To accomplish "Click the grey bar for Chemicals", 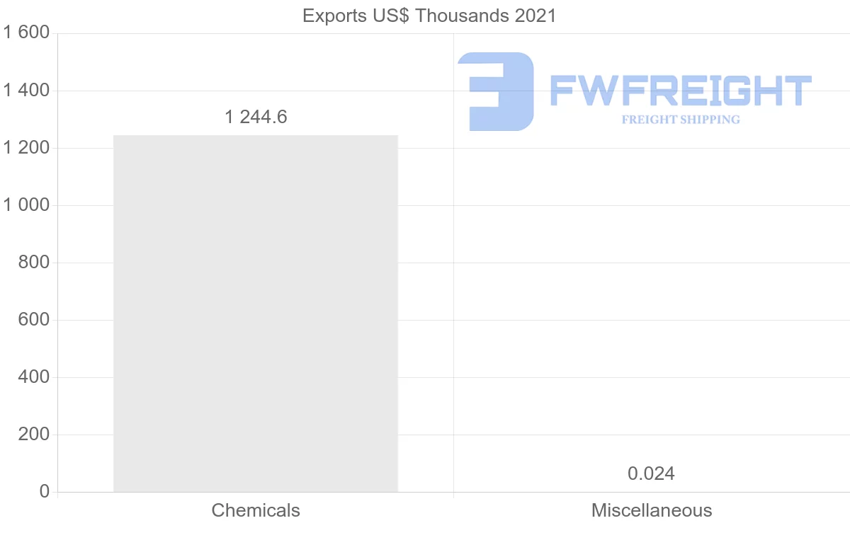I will tap(256, 313).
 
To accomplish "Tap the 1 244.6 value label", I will tap(256, 117).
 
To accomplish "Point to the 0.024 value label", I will tap(651, 473).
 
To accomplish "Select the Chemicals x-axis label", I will tap(256, 510).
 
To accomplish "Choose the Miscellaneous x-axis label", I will tap(652, 510).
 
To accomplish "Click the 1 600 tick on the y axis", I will tap(25, 33).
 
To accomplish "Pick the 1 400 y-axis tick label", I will tap(25, 91).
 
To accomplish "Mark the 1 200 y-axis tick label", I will tap(25, 148).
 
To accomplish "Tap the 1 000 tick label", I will tap(25, 205).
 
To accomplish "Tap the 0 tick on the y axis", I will tap(45, 492).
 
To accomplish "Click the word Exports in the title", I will tap(331, 16).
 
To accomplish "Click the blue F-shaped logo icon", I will tap(495, 91).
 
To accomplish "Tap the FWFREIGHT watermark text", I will tap(681, 91).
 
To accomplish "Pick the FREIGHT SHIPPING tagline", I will tap(681, 120).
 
